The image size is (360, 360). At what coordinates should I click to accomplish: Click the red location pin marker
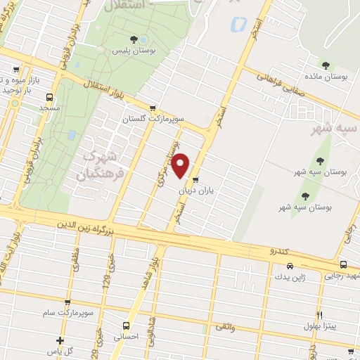coord(181,165)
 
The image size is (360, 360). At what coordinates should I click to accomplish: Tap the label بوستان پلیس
coord(134,51)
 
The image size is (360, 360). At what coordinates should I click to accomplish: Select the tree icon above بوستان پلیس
coord(134,39)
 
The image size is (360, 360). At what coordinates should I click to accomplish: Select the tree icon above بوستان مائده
coord(326,65)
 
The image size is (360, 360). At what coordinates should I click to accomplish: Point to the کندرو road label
coord(278,251)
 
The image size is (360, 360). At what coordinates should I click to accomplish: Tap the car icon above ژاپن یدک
coord(290,266)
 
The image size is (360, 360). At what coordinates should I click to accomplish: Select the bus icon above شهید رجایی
coord(343,264)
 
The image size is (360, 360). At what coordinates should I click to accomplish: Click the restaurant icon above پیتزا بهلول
coord(319,316)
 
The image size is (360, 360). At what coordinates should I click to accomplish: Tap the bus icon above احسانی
coord(126,326)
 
